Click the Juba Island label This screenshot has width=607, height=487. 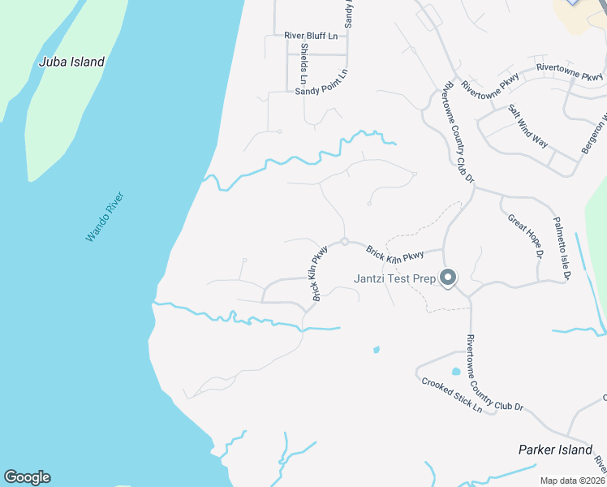pyautogui.click(x=72, y=62)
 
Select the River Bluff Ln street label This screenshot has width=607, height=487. pyautogui.click(x=310, y=36)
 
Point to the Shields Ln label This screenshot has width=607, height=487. pyautogui.click(x=303, y=62)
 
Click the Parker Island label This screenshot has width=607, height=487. pyautogui.click(x=556, y=450)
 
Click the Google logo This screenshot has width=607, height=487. pyautogui.click(x=27, y=477)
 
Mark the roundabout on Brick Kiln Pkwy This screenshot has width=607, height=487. pyautogui.click(x=345, y=242)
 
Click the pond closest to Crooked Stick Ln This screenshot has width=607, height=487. pyautogui.click(x=455, y=372)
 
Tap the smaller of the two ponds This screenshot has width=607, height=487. pyautogui.click(x=376, y=350)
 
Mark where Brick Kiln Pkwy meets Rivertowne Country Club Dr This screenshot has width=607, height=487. pyautogui.click(x=444, y=249)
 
